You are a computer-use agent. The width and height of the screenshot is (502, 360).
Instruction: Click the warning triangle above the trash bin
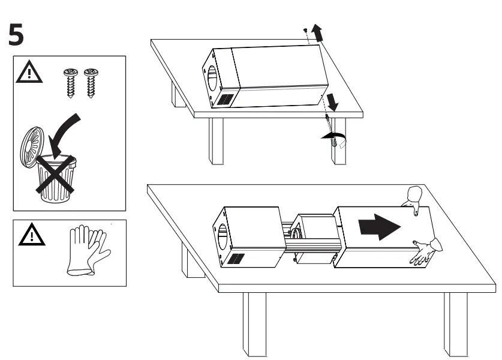tap(26, 73)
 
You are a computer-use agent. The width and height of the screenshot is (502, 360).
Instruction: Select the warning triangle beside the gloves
tap(26, 235)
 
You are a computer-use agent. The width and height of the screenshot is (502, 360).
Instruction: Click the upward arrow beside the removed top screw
tap(318, 34)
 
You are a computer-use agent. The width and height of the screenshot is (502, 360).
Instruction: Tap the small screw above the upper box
tap(305, 29)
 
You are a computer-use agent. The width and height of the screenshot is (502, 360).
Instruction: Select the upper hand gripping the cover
tap(414, 197)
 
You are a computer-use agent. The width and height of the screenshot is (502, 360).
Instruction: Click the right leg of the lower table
tap(455, 324)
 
